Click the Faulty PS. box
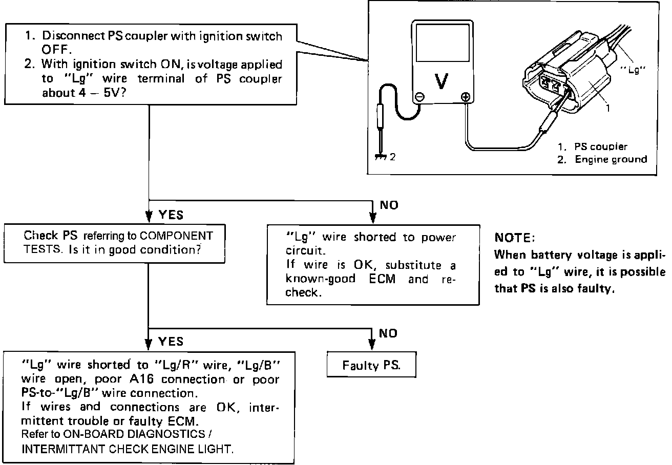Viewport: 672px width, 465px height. [x=371, y=366]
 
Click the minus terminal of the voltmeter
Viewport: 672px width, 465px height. [x=420, y=96]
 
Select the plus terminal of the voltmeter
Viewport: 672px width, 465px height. [x=466, y=96]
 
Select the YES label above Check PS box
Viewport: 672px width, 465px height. [x=171, y=215]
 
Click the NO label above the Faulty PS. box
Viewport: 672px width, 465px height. [x=388, y=333]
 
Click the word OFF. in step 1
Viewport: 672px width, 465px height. [x=54, y=50]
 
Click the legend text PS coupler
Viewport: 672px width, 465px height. [x=601, y=146]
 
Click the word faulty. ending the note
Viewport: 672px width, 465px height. [x=596, y=288]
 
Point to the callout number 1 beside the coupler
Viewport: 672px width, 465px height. [x=607, y=109]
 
